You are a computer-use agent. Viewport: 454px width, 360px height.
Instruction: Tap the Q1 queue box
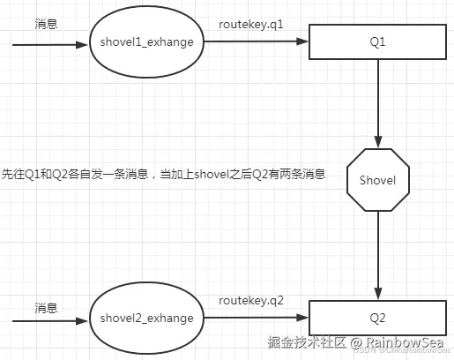(x=378, y=41)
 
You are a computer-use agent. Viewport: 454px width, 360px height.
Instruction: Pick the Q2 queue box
(x=378, y=317)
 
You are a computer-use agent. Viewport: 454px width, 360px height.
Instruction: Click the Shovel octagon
(x=378, y=179)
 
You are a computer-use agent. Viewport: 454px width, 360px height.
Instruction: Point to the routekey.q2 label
(x=251, y=301)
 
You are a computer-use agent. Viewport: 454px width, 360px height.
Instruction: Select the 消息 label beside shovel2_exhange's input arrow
(x=46, y=308)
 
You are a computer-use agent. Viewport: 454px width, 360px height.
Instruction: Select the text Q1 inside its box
(x=378, y=41)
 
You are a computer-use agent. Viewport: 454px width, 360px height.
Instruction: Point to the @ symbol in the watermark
(x=357, y=342)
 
